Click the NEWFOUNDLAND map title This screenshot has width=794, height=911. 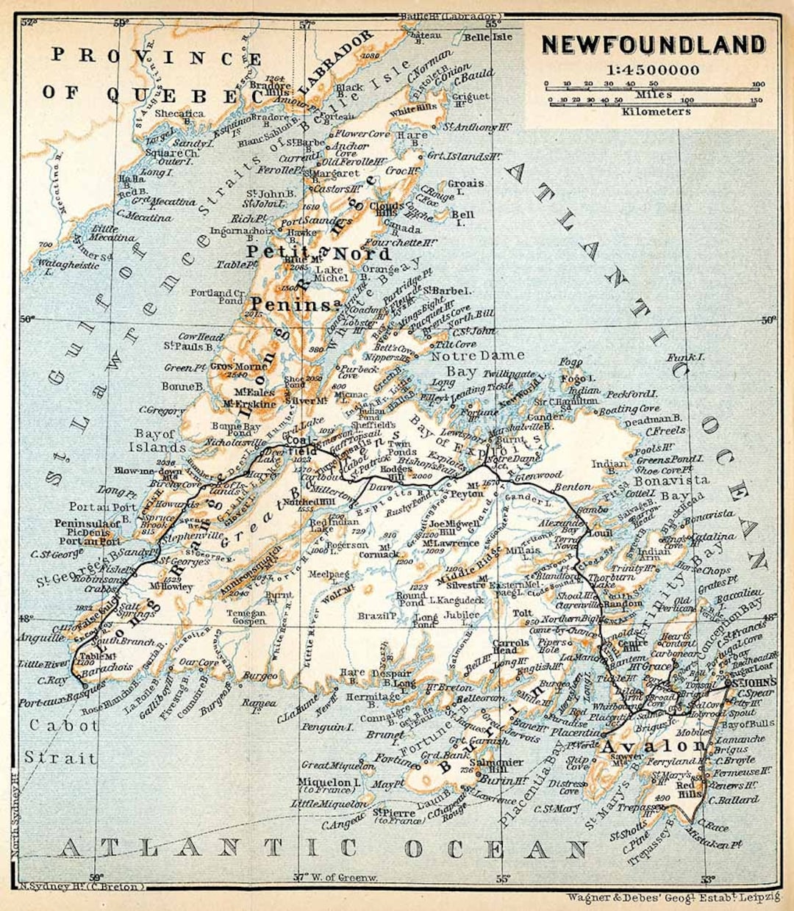coord(653,45)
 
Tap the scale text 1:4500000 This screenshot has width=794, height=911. coord(653,71)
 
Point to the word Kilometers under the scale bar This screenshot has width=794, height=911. coord(656,112)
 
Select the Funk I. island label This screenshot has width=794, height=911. coord(685,357)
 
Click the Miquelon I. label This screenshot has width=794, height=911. coord(329,782)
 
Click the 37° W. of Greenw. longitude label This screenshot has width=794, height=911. coord(335,877)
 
